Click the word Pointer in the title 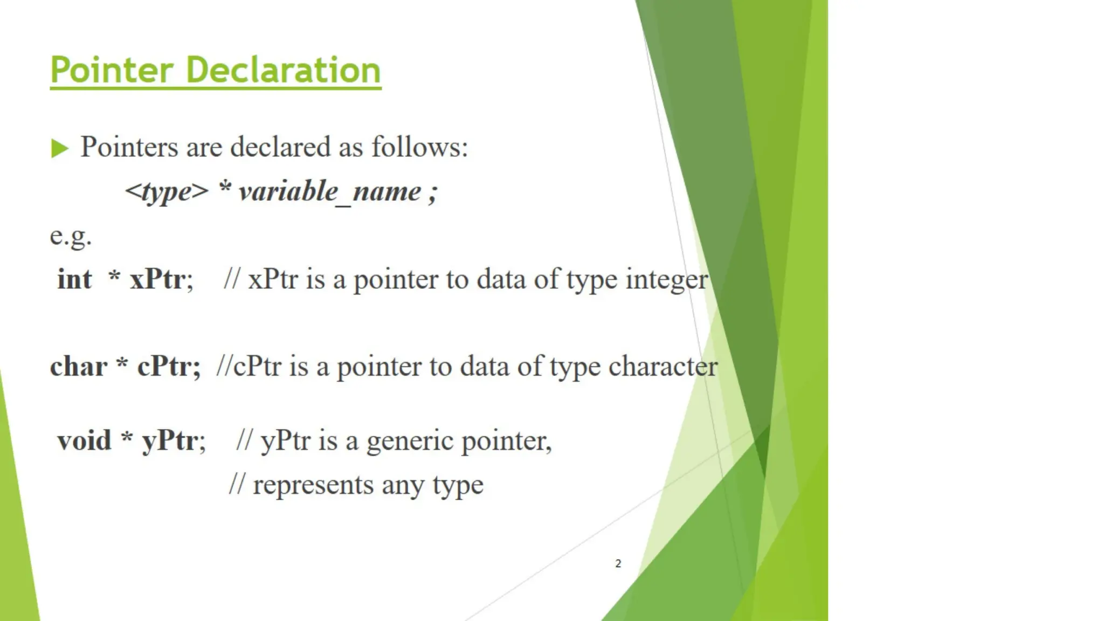point(112,70)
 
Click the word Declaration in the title point(284,70)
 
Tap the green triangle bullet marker point(59,148)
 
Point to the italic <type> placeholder point(167,192)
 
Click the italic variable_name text point(329,192)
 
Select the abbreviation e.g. point(71,236)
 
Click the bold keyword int point(74,279)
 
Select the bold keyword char point(79,367)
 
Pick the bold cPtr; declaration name point(169,367)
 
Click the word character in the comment point(663,367)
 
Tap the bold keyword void point(84,440)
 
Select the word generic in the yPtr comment point(410,441)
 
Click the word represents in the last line point(313,485)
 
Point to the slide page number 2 point(618,563)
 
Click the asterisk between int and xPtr point(114,277)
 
